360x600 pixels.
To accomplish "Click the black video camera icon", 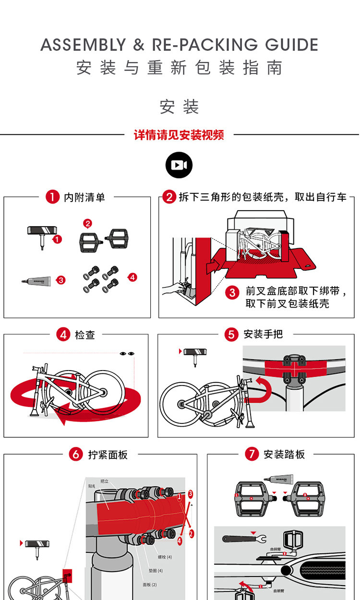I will click(x=179, y=165).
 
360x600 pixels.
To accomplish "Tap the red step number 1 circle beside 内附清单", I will click(x=52, y=197).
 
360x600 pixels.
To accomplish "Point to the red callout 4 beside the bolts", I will click(x=132, y=277).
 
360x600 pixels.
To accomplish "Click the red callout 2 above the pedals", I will click(x=87, y=223).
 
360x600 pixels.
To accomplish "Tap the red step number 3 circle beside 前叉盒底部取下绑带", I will click(x=232, y=292).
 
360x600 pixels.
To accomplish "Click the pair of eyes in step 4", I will click(x=127, y=354).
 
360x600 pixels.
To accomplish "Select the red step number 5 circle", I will click(x=232, y=335).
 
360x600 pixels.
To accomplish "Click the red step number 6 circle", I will click(x=76, y=454).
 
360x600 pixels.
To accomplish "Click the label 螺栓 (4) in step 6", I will click(x=165, y=557).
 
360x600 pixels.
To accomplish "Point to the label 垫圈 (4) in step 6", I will click(x=156, y=571).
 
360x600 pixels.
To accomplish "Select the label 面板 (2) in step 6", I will click(x=150, y=585).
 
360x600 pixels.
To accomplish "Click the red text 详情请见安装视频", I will click(x=179, y=135).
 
